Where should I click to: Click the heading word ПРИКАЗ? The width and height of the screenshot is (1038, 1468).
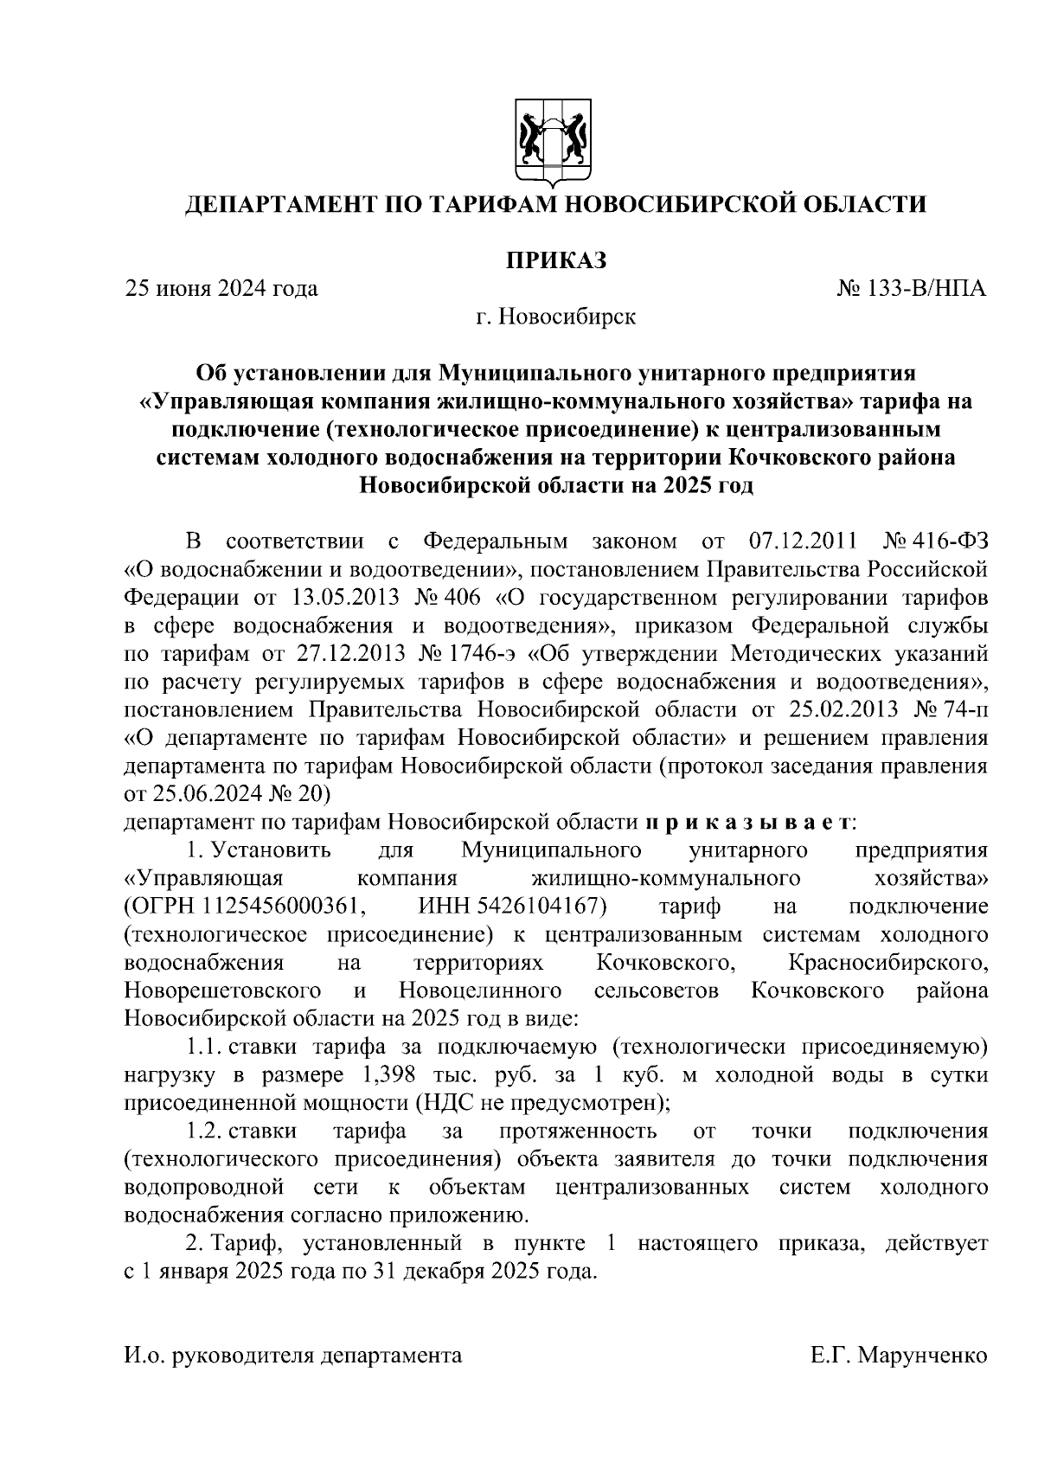555,260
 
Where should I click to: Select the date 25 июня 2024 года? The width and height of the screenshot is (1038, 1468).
221,288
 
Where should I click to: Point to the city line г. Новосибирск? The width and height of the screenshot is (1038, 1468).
555,317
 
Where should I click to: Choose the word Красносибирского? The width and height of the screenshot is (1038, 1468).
888,962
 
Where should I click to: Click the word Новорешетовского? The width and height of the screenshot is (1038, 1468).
223,990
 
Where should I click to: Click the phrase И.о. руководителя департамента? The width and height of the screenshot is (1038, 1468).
293,1356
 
